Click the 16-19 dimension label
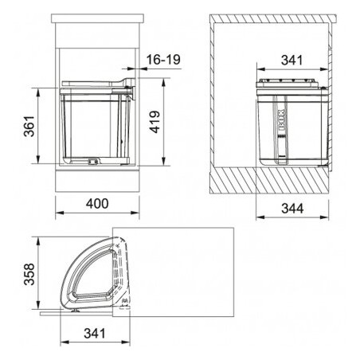163,60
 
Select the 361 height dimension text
29,126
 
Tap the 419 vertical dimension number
155,122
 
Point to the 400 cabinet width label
97,204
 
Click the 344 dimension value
292,209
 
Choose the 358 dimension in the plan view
29,274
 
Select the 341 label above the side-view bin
292,61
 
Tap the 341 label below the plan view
95,334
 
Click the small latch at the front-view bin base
92,161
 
